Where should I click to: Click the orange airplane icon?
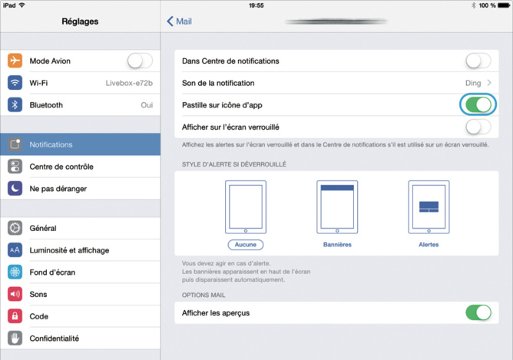15,61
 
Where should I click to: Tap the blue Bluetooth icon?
15,105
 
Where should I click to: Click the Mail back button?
180,21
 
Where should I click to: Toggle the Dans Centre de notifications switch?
478,61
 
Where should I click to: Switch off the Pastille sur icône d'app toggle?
478,104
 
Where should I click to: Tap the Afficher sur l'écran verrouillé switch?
478,127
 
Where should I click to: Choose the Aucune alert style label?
245,244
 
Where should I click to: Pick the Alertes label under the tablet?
429,244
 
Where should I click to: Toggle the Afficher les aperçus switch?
478,312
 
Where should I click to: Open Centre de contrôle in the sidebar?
61,167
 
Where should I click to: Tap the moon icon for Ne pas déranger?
15,188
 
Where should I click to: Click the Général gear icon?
15,228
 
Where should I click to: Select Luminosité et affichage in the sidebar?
69,250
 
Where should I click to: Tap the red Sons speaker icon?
15,294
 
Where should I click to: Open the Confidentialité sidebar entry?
55,339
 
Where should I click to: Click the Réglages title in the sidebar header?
80,21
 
